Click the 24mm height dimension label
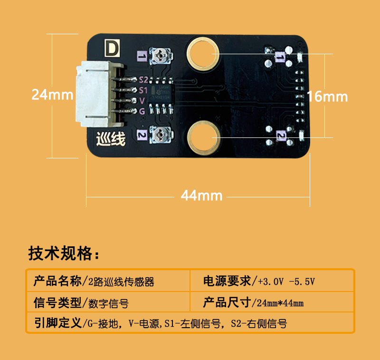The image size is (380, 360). pyautogui.click(x=52, y=95)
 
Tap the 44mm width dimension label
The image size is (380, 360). pyautogui.click(x=201, y=195)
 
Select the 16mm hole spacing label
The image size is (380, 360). pyautogui.click(x=327, y=97)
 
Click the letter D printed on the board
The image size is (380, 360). pyautogui.click(x=112, y=48)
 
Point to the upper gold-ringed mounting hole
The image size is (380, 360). pyautogui.click(x=203, y=54)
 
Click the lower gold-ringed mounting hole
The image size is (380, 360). pyautogui.click(x=204, y=137)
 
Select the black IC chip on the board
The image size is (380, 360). pyautogui.click(x=161, y=94)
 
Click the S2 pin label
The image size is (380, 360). pyautogui.click(x=143, y=80)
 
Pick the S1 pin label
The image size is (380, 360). pyautogui.click(x=143, y=90)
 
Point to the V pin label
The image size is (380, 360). pyautogui.click(x=142, y=101)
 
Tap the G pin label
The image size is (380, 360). pyautogui.click(x=142, y=111)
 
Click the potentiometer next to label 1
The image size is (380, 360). pyautogui.click(x=161, y=56)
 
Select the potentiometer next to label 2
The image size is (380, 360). pyautogui.click(x=161, y=135)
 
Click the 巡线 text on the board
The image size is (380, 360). pyautogui.click(x=111, y=139)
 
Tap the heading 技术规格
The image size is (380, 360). pyautogui.click(x=64, y=253)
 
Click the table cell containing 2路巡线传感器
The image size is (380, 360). pyautogui.click(x=108, y=281)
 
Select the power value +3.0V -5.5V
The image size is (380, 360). pyautogui.click(x=286, y=282)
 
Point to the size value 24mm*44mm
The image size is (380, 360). pyautogui.click(x=280, y=303)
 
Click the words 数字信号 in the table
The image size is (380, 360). pyautogui.click(x=108, y=303)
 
